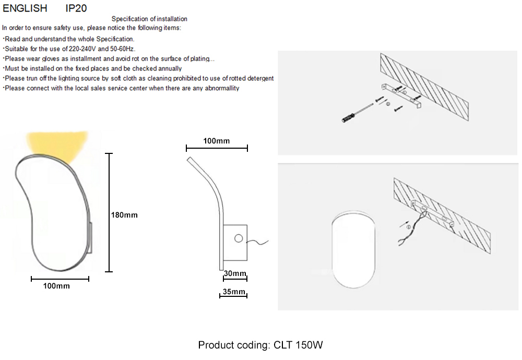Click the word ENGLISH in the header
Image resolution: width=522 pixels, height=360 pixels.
pyautogui.click(x=25, y=8)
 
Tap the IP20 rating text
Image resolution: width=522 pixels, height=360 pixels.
pyautogui.click(x=76, y=8)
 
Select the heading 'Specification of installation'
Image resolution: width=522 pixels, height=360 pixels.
pyautogui.click(x=149, y=19)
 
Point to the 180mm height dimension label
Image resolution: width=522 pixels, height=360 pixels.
pyautogui.click(x=124, y=215)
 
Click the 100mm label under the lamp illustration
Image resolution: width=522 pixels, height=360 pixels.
pyautogui.click(x=56, y=286)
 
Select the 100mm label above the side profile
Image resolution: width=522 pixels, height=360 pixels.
pyautogui.click(x=216, y=141)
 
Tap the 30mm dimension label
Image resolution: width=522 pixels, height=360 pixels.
pyautogui.click(x=234, y=274)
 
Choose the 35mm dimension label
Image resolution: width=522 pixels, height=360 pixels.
pyautogui.click(x=233, y=292)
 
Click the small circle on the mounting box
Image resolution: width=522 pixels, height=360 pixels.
pyautogui.click(x=239, y=238)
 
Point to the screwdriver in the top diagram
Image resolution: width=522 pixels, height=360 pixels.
pyautogui.click(x=355, y=114)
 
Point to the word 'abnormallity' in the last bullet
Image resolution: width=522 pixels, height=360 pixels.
pyautogui.click(x=218, y=88)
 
